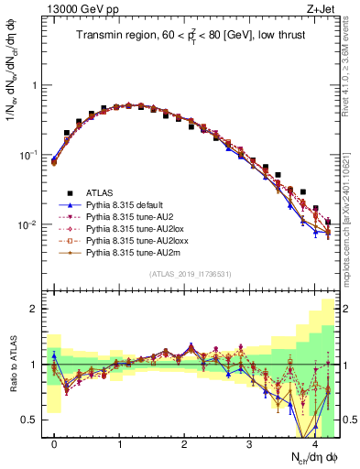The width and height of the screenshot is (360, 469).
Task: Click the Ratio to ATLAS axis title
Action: pos(12,365)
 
